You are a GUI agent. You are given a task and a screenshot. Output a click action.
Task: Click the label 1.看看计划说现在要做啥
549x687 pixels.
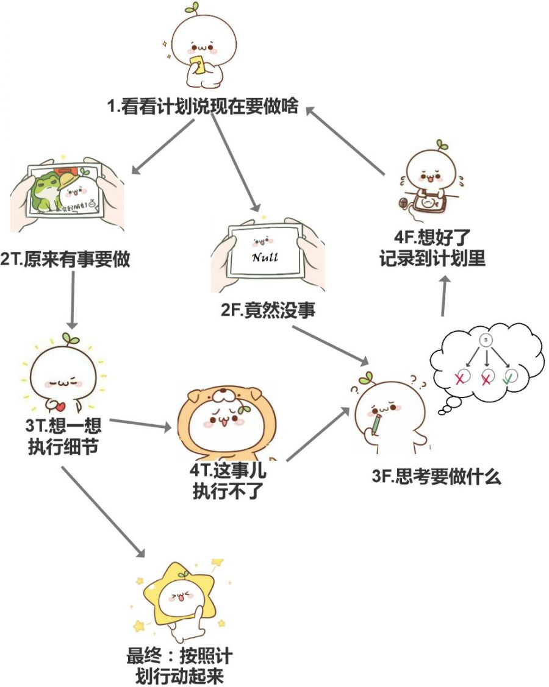(x=203, y=107)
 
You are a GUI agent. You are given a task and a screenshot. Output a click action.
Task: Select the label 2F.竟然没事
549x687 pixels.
(x=268, y=311)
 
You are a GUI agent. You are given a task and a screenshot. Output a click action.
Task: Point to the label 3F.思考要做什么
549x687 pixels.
(x=436, y=477)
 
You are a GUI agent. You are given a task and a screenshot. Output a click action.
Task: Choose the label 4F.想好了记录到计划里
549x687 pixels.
(x=432, y=247)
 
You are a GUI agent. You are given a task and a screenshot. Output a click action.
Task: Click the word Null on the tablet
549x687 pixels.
(x=265, y=257)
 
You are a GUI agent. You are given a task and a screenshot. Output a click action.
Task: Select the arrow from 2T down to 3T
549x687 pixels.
(x=73, y=299)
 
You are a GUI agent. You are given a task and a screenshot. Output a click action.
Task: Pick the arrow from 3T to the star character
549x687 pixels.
(x=104, y=512)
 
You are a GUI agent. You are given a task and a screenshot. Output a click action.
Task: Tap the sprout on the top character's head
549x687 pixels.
(x=194, y=9)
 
